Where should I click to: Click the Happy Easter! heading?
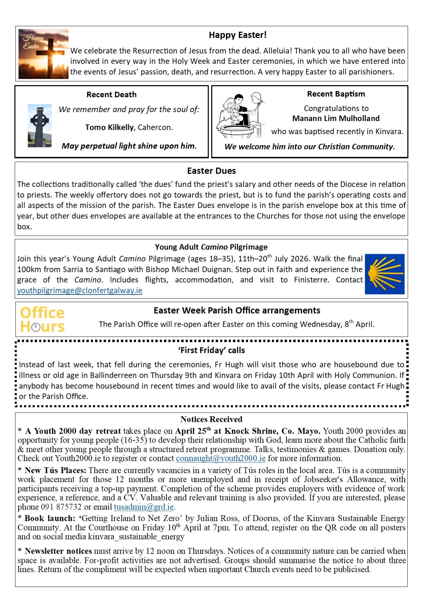click(237, 35)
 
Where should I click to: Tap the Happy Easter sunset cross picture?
click(43, 54)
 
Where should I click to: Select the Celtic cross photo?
click(40, 126)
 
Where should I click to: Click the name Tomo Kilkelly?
click(109, 127)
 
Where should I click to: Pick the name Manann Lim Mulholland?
click(336, 118)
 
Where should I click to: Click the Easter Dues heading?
click(211, 171)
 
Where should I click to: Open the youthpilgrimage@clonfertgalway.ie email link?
click(80, 290)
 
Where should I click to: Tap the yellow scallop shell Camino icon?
click(385, 274)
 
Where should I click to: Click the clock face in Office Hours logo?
click(35, 327)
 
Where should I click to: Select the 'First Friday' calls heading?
click(211, 350)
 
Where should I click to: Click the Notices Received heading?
click(211, 419)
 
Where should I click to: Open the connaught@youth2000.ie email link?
click(221, 458)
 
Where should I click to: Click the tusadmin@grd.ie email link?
click(144, 507)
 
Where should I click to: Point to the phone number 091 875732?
click(61, 507)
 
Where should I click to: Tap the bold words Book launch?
click(50, 518)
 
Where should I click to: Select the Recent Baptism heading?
click(336, 94)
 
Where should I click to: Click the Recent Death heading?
click(111, 94)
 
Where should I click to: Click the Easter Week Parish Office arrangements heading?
click(237, 310)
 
